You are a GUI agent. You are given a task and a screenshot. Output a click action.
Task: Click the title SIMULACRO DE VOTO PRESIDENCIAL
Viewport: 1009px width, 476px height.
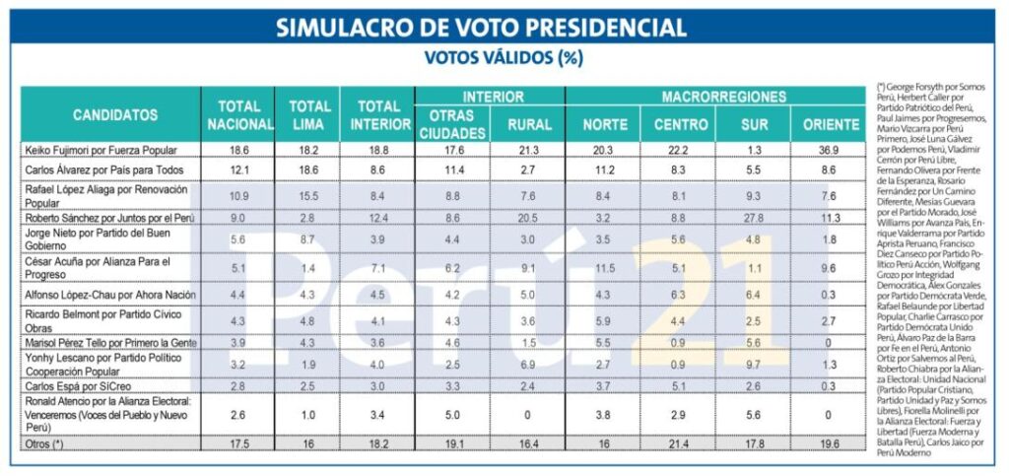tap(481, 27)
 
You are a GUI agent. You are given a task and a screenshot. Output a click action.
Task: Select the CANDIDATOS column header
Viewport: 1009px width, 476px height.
tap(114, 114)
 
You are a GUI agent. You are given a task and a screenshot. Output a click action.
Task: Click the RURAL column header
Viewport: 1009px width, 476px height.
tap(529, 125)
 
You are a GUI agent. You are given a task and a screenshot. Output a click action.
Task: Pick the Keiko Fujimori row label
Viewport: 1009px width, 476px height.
tap(101, 150)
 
